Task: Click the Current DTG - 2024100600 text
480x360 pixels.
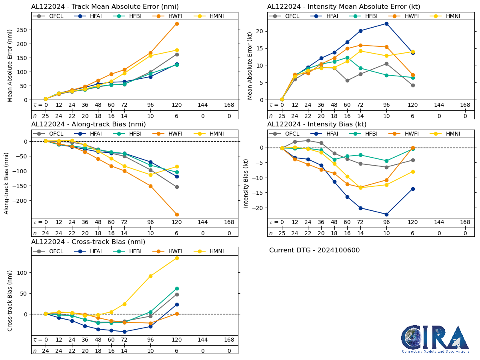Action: pos(314,250)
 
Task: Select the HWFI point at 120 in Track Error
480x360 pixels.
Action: pos(177,24)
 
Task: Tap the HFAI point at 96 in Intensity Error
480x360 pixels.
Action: pos(386,24)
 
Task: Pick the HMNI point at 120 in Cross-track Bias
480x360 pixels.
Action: pos(177,258)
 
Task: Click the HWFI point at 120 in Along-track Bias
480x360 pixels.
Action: pos(177,214)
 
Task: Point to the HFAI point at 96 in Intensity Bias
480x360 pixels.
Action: pos(386,214)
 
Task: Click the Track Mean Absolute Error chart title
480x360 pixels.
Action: pos(105,7)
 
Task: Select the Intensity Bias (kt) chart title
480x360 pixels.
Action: pos(317,124)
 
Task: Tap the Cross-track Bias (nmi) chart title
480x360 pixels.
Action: pos(88,242)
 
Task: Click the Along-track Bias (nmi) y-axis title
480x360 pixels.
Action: pos(7,183)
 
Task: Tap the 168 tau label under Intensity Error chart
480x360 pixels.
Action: pos(465,105)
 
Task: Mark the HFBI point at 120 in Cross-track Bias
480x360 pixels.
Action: pos(177,288)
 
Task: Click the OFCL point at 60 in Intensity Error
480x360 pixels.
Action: pos(347,80)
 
